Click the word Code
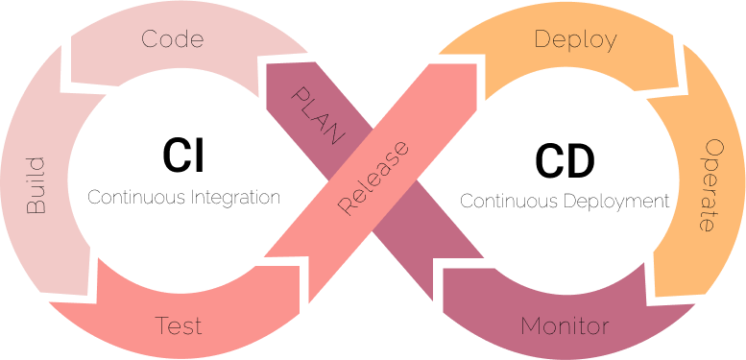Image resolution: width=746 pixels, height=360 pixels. click(173, 39)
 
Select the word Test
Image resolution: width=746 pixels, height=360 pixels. click(180, 325)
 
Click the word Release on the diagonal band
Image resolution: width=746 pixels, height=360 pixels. click(373, 178)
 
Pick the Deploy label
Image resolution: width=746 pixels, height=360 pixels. click(575, 40)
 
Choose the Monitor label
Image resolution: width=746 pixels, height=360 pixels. click(565, 325)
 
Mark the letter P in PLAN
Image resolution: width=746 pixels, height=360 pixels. click(300, 94)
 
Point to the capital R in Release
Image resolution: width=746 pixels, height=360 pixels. click(347, 206)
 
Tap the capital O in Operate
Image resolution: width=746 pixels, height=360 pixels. click(713, 148)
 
